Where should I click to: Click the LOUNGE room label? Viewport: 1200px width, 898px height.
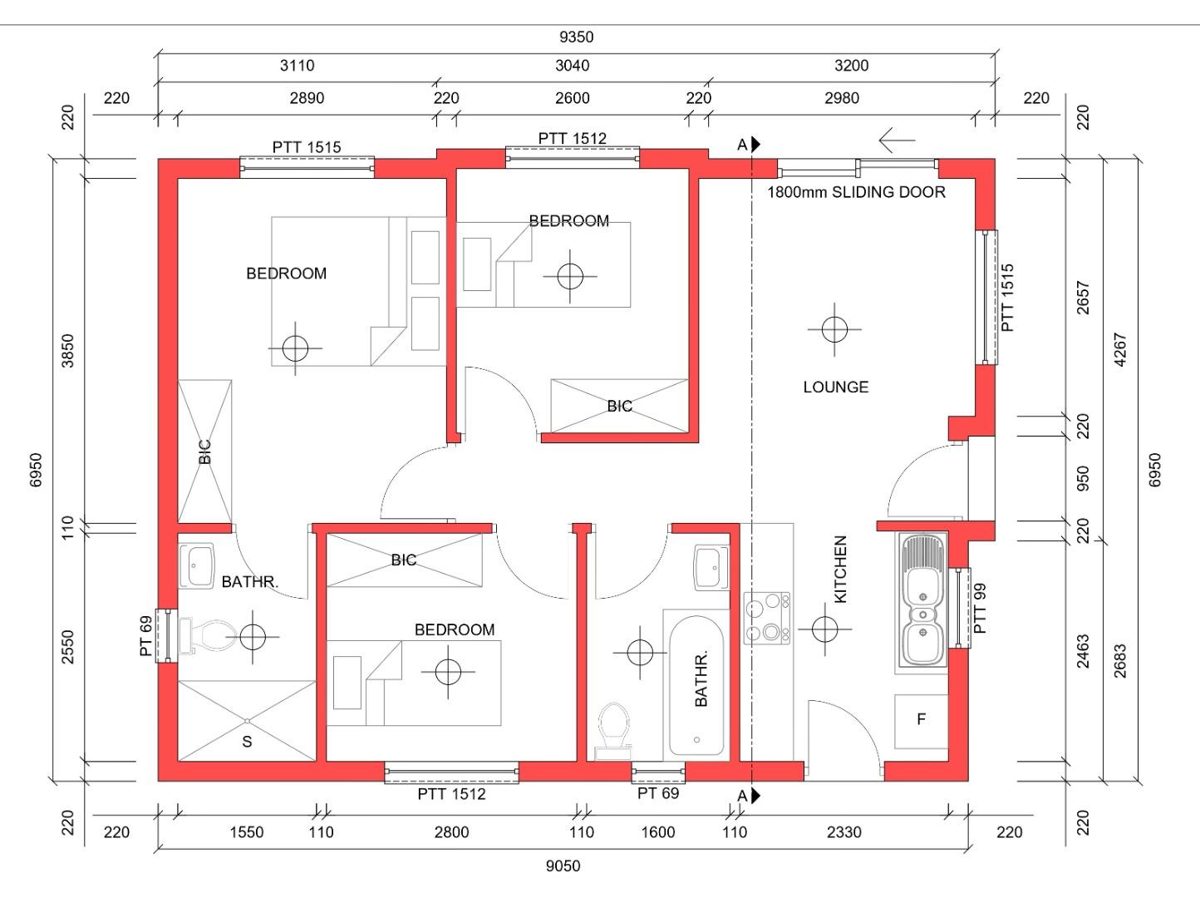[x=835, y=387]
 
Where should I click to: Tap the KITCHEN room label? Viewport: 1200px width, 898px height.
[x=840, y=570]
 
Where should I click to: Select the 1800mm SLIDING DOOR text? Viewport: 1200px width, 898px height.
[x=856, y=192]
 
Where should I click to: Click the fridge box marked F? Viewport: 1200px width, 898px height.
[x=921, y=722]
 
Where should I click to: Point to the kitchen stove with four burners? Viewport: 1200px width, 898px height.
[x=767, y=618]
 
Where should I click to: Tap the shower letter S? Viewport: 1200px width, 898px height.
[x=247, y=742]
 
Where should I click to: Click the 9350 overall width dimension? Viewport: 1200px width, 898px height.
[x=576, y=37]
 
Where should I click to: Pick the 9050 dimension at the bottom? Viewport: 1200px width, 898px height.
[x=563, y=866]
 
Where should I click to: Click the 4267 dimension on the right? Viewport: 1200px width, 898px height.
[x=1120, y=350]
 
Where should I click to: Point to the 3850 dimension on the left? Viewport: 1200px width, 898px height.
[x=68, y=351]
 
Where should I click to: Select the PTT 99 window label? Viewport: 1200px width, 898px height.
[x=980, y=609]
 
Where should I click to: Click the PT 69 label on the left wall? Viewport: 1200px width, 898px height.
[x=146, y=635]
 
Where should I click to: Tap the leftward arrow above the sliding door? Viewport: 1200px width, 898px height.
[x=897, y=141]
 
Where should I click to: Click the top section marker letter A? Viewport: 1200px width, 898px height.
[x=742, y=145]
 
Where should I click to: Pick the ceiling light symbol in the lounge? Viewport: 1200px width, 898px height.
[x=834, y=329]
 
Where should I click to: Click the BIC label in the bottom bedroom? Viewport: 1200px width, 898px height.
[x=403, y=560]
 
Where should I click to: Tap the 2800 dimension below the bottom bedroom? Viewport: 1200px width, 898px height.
[x=451, y=832]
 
